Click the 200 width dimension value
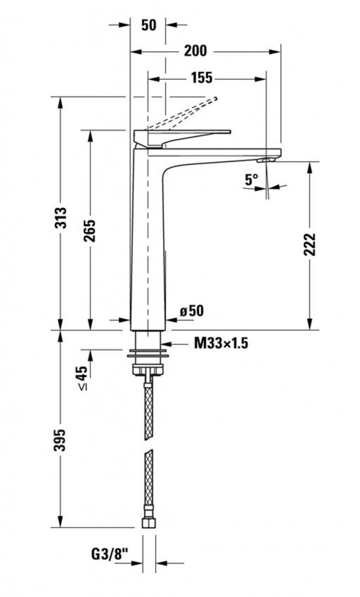[195, 50]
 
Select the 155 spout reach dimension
[202, 78]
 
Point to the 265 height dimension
[90, 231]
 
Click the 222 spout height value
[310, 244]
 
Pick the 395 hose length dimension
[60, 440]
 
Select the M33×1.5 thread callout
[221, 344]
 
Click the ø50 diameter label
[192, 311]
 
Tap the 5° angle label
[252, 179]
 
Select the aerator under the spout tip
[266, 160]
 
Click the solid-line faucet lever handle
[182, 138]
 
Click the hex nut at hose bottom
[149, 522]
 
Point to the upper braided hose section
[149, 411]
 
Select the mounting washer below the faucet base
[149, 353]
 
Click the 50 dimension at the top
[149, 25]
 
